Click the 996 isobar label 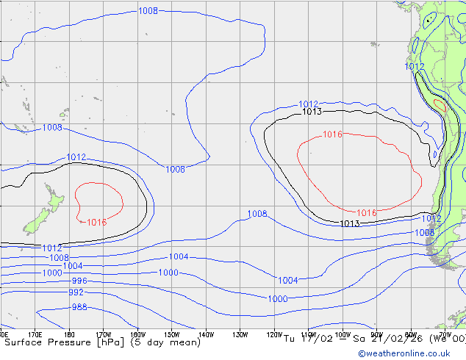(x=79, y=281)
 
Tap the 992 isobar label (x=76, y=292)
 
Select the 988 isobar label (x=79, y=307)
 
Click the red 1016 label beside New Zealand (x=96, y=223)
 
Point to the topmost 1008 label (x=148, y=11)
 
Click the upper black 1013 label (x=312, y=112)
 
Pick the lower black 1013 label (x=350, y=223)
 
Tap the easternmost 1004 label (x=287, y=281)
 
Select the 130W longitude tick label (x=240, y=335)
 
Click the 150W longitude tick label (x=172, y=335)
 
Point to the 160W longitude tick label (x=137, y=335)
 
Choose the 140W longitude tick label (x=206, y=335)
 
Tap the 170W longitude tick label (x=104, y=335)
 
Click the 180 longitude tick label (x=70, y=335)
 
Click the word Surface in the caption (x=23, y=342)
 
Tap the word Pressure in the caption (x=66, y=342)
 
